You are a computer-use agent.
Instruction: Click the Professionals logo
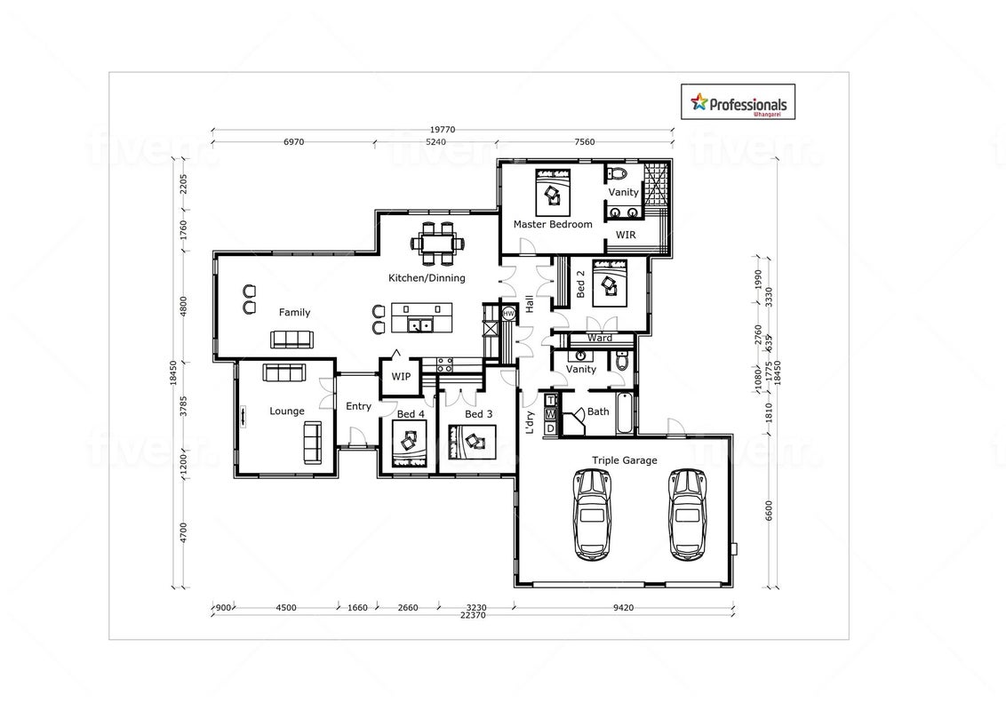click(x=738, y=102)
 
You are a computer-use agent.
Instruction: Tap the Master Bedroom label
click(x=553, y=225)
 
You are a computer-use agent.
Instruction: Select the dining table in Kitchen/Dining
click(x=437, y=244)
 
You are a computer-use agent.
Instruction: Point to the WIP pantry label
click(x=401, y=377)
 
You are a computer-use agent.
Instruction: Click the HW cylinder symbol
click(x=508, y=313)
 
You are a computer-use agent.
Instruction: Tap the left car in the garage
click(x=593, y=514)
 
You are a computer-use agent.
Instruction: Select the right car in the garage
click(x=687, y=514)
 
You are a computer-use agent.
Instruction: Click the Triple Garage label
click(x=624, y=460)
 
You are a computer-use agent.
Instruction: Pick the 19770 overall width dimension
click(x=442, y=130)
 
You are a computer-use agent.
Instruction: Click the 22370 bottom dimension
click(x=473, y=615)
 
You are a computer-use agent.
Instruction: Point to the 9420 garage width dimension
click(x=623, y=608)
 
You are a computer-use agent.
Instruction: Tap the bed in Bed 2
click(x=610, y=283)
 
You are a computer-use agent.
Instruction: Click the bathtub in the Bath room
click(x=624, y=412)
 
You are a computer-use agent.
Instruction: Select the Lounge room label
click(x=287, y=411)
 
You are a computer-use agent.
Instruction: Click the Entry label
click(x=359, y=406)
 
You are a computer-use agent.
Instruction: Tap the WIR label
click(x=626, y=235)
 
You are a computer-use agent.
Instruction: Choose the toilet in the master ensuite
click(x=618, y=173)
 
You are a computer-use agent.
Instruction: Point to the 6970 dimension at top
click(x=294, y=142)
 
